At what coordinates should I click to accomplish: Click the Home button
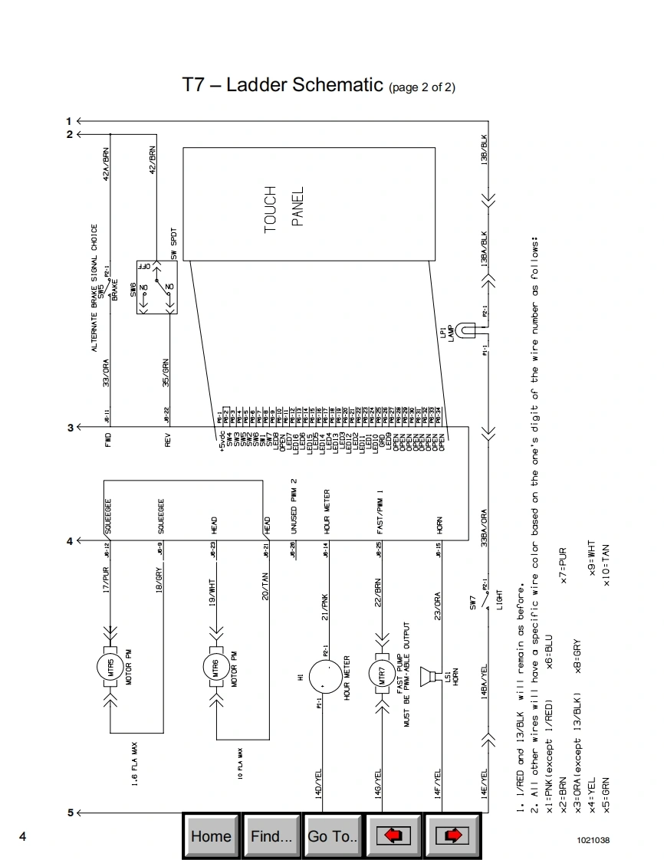(211, 836)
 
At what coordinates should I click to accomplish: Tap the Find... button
(271, 836)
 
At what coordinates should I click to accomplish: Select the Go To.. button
(333, 836)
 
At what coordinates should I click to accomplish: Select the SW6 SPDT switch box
(157, 287)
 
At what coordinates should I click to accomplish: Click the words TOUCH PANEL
(283, 207)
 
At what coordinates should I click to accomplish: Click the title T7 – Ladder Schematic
(282, 84)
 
